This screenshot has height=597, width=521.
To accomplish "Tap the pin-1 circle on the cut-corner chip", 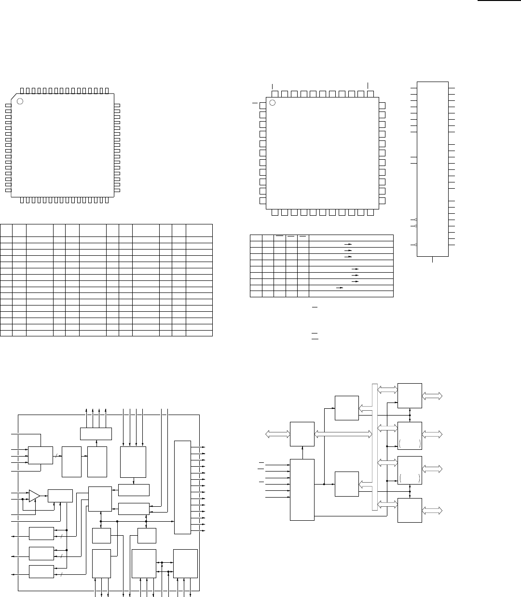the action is click(20, 101).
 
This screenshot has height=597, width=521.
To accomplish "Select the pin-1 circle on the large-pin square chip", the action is click(273, 103).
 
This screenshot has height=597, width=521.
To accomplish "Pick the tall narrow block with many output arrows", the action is click(182, 487).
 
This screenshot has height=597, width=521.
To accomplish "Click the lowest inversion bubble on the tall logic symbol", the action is click(416, 245).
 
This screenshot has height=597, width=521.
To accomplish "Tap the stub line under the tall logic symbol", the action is click(432, 259).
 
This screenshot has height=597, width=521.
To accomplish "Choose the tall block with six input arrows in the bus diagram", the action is click(302, 489).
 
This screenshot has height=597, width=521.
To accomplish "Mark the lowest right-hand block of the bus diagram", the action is click(410, 510).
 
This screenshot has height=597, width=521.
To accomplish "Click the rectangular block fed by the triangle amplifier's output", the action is click(60, 496).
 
